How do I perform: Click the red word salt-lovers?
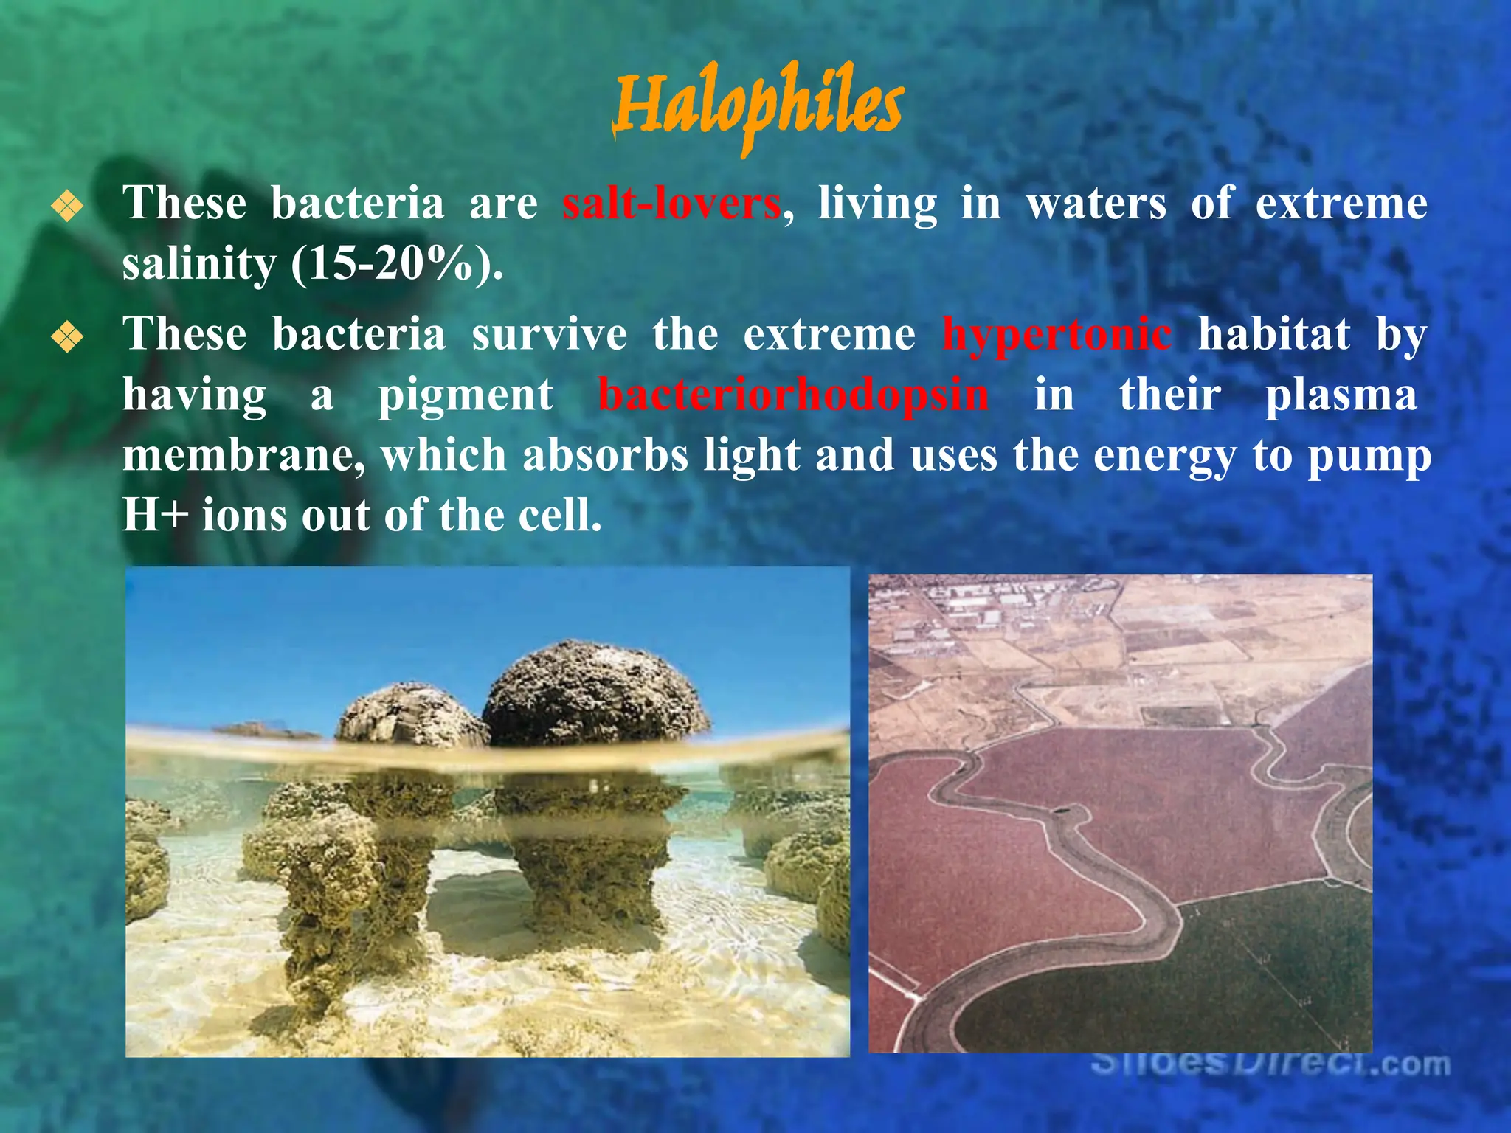coord(671,204)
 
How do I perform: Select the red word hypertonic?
coord(1057,335)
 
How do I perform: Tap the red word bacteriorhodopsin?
coord(793,395)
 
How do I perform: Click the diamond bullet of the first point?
coord(67,207)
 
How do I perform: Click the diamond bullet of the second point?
coord(67,338)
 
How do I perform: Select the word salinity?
coord(198,264)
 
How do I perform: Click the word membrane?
coord(243,455)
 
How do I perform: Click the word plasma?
coord(1341,395)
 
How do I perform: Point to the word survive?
coord(550,335)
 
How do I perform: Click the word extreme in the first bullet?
coord(1341,204)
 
